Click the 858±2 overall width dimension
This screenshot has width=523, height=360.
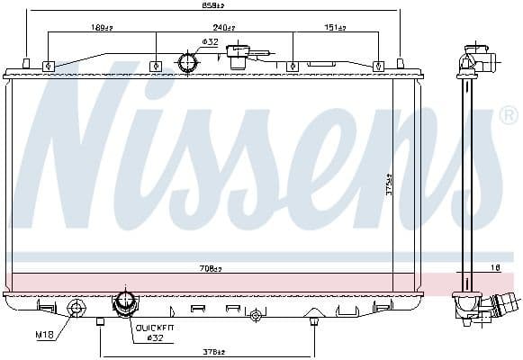pos(213,7)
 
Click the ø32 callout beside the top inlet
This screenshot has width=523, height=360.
pos(210,41)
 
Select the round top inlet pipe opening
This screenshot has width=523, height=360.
pos(188,64)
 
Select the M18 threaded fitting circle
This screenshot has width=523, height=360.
pos(77,308)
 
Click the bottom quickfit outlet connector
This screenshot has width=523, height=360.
pos(124,303)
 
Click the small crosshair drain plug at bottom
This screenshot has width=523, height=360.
pos(257,315)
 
